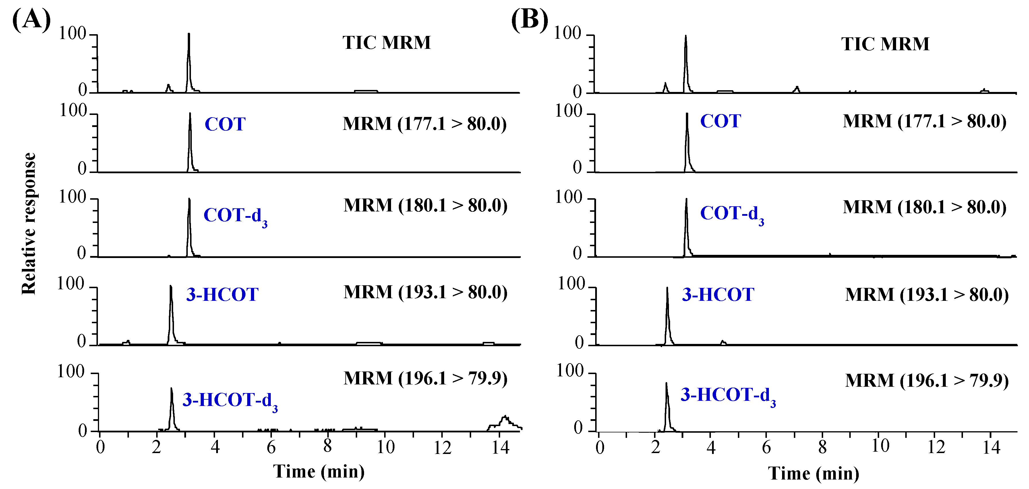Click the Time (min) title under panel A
319,471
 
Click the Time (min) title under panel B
813,473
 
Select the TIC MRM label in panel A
386,43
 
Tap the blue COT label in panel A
225,124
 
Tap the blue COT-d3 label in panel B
732,214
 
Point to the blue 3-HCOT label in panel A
222,295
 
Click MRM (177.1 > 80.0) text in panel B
924,121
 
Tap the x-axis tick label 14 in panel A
500,447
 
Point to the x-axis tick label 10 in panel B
880,446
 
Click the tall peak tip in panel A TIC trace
189,34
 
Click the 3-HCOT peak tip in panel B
667,288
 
